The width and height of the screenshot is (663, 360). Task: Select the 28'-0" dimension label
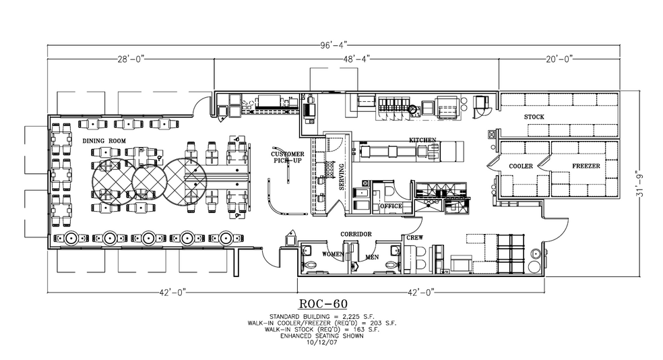pyautogui.click(x=128, y=59)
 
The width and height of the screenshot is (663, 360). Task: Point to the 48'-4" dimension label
pyautogui.click(x=355, y=59)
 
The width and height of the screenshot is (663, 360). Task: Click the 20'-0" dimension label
pyautogui.click(x=559, y=59)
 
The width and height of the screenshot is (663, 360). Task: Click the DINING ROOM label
pyautogui.click(x=104, y=140)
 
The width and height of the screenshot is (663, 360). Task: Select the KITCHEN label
pyautogui.click(x=422, y=140)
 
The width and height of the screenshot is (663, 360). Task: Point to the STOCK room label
pyautogui.click(x=534, y=117)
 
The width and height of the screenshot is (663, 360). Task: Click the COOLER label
pyautogui.click(x=522, y=166)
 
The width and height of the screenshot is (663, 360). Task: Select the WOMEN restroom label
pyautogui.click(x=334, y=255)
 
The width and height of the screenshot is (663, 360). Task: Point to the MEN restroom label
pyautogui.click(x=372, y=257)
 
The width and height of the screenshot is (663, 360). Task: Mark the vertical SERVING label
pyautogui.click(x=342, y=177)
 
